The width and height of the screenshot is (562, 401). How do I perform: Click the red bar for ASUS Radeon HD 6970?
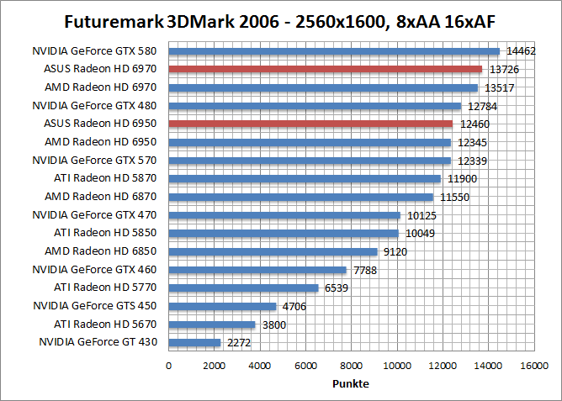click(326, 69)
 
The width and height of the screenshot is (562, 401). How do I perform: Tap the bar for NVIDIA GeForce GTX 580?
click(334, 51)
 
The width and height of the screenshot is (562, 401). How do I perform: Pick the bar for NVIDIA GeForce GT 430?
click(195, 342)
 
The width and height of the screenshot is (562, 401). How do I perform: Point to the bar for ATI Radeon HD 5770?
click(244, 288)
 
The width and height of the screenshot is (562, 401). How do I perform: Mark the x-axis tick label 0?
click(169, 366)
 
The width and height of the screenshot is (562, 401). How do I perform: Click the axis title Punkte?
click(351, 383)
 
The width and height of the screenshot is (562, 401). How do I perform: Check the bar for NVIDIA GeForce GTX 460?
click(257, 270)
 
